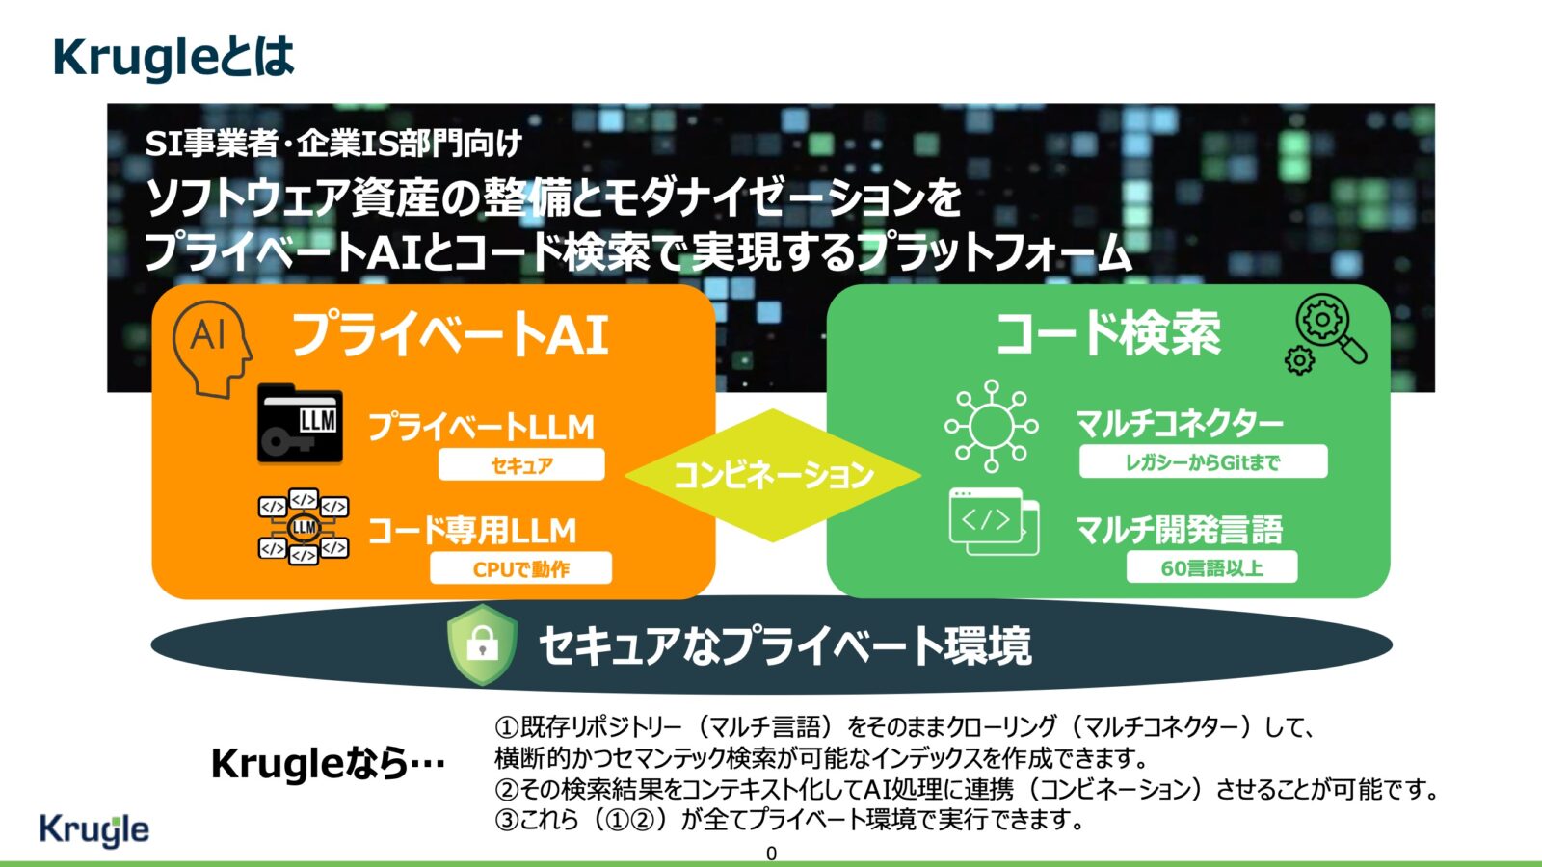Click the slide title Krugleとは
pyautogui.click(x=173, y=58)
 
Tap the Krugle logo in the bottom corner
pyautogui.click(x=93, y=829)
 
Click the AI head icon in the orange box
pyautogui.click(x=212, y=349)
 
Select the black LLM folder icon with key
pyautogui.click(x=300, y=424)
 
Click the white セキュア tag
pyautogui.click(x=521, y=464)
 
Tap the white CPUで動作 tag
pyautogui.click(x=521, y=567)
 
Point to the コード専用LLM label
pyautogui.click(x=472, y=531)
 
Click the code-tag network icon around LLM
pyautogui.click(x=303, y=526)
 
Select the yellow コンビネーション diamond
pyautogui.click(x=773, y=475)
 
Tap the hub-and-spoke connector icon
pyautogui.click(x=992, y=426)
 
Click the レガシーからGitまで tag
pyautogui.click(x=1204, y=461)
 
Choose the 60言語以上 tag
pyautogui.click(x=1211, y=567)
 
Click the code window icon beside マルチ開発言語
pyautogui.click(x=994, y=521)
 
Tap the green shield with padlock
pyautogui.click(x=482, y=644)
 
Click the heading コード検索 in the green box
pyautogui.click(x=1109, y=333)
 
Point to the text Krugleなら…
pyautogui.click(x=328, y=764)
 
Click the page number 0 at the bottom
pyautogui.click(x=771, y=854)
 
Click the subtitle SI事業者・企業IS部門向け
pyautogui.click(x=333, y=144)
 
